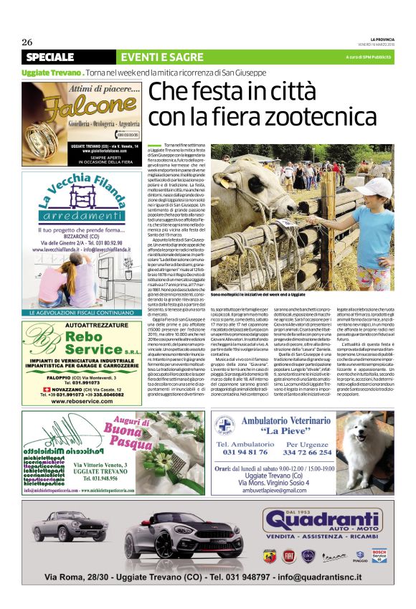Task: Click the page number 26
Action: tap(27, 42)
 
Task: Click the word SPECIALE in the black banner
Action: tap(55, 57)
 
